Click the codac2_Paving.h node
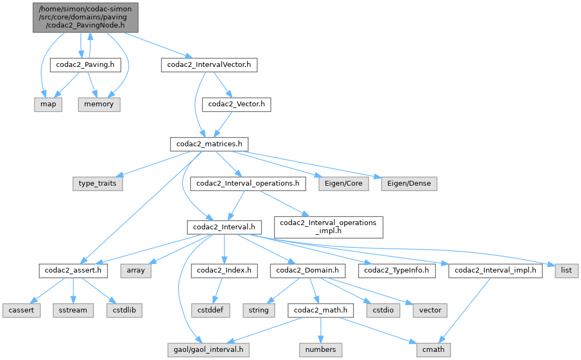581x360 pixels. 85,65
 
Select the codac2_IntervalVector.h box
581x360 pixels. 209,65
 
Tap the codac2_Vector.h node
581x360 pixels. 236,104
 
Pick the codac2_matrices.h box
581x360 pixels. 209,144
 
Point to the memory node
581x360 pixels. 99,104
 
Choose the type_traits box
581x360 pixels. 98,184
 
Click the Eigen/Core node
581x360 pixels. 344,184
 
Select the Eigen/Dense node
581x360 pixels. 409,184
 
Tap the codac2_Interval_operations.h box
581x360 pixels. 248,184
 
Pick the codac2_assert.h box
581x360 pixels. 73,270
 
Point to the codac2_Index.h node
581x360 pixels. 224,270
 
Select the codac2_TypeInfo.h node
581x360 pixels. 400,270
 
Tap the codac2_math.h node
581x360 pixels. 321,310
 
